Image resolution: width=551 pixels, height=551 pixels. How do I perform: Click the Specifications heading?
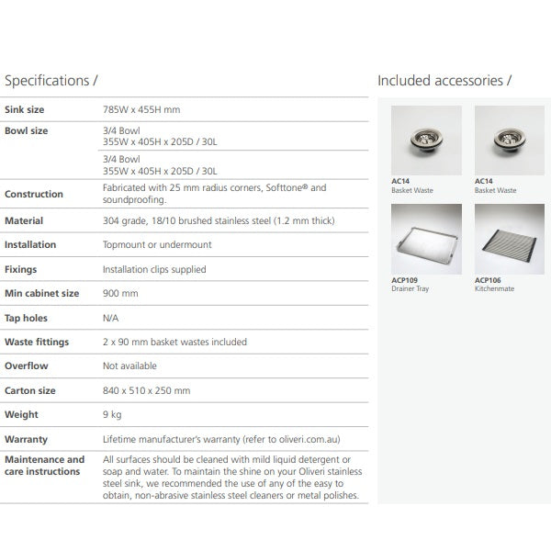[51, 81]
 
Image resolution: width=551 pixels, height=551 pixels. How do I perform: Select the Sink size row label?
[25, 110]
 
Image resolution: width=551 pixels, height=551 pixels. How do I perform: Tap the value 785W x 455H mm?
[141, 110]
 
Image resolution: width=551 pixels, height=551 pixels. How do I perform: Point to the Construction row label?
[34, 195]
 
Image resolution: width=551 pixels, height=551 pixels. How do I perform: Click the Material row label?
[24, 221]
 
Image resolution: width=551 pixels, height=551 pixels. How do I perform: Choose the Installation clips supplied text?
[154, 270]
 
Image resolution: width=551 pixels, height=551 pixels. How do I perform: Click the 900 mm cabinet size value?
[120, 294]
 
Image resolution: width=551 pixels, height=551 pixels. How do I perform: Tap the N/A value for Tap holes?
[112, 319]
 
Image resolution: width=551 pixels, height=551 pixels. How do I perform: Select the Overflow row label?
[27, 366]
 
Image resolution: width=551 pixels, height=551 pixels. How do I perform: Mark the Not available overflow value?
[129, 366]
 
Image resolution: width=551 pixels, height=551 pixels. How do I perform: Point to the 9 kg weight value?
[113, 415]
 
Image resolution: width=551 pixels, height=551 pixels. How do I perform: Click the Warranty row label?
[27, 440]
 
